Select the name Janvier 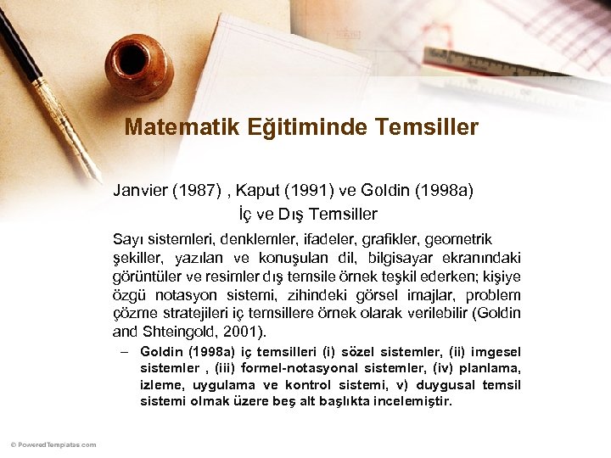coord(139,191)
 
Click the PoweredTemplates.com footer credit coord(53,444)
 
